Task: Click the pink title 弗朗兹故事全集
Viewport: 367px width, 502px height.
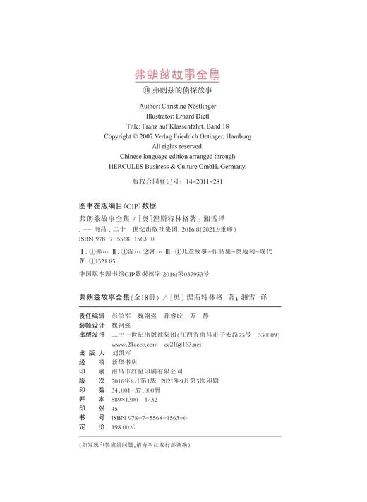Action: pos(183,76)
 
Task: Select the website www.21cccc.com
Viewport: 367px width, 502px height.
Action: pos(136,344)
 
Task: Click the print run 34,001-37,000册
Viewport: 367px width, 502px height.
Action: pos(141,390)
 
